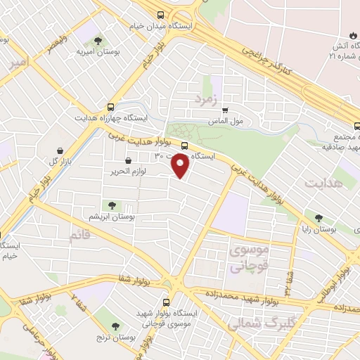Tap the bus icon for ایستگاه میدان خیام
pos(161,14)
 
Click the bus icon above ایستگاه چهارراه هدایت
pos(109,107)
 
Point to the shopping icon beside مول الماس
pos(225,110)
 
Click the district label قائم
pos(79,236)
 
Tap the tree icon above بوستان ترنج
pos(115,326)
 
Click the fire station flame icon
pos(351,34)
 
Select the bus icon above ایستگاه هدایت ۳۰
pos(184,147)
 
